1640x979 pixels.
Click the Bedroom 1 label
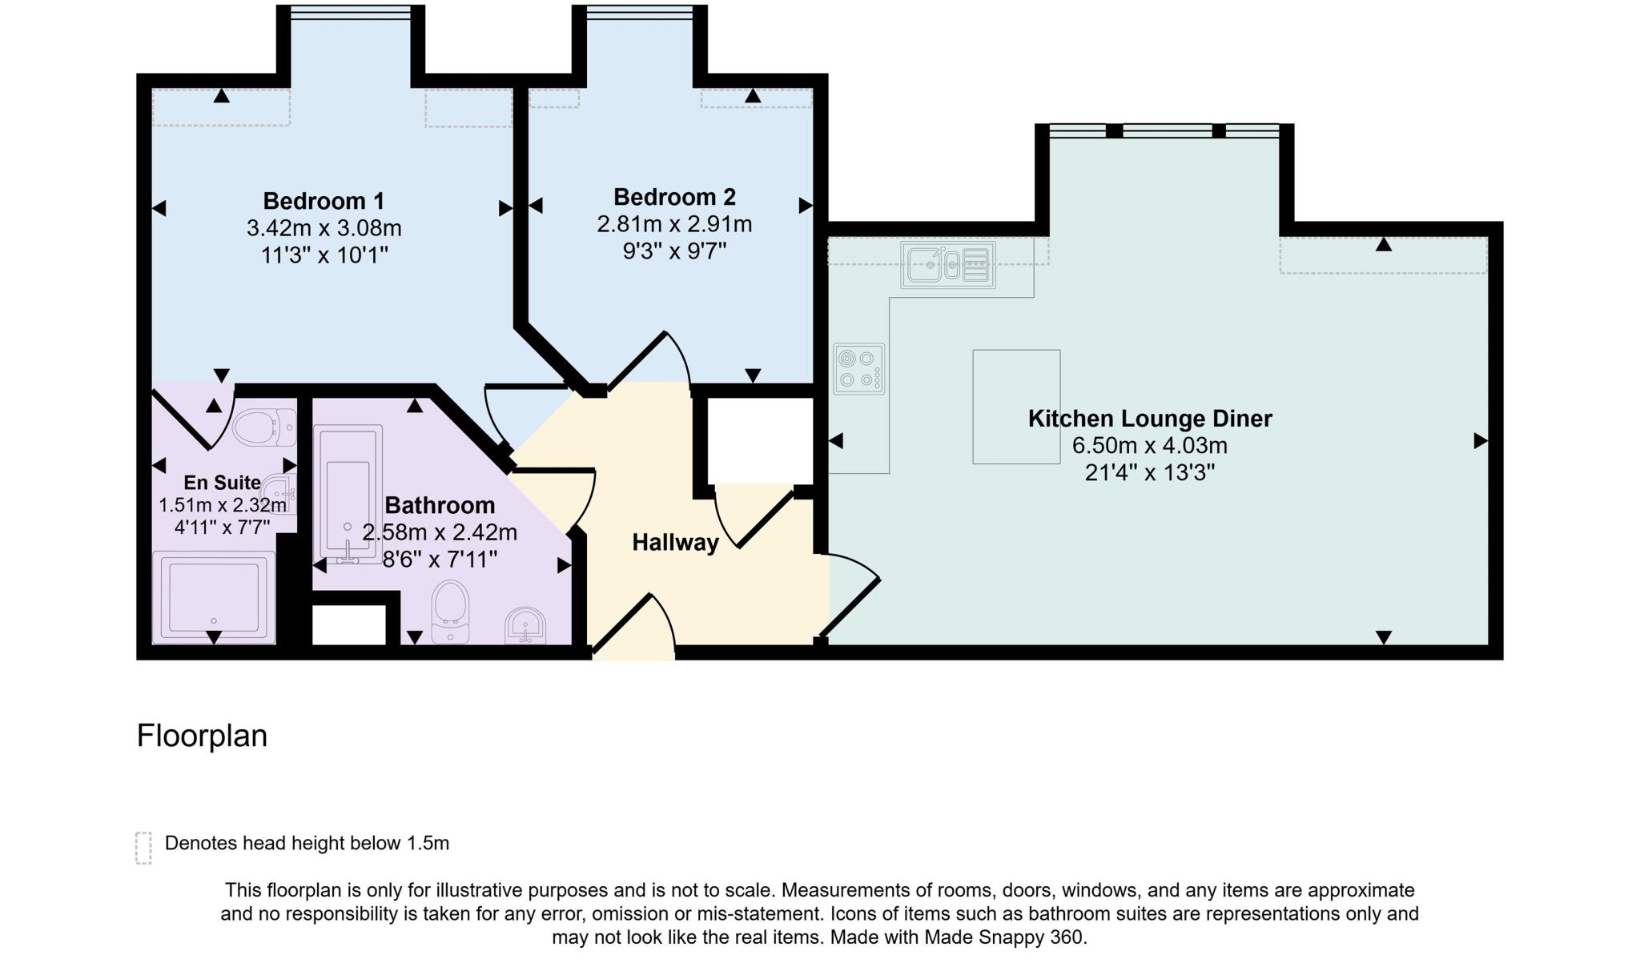click(324, 200)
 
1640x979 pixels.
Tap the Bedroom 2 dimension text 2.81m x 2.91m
click(674, 224)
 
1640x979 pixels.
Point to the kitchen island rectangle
click(1016, 407)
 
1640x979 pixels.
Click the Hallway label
click(675, 543)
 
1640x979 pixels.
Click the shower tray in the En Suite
click(214, 596)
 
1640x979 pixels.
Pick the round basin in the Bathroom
click(526, 626)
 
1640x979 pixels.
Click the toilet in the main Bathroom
click(450, 611)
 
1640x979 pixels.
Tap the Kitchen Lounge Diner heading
click(1149, 419)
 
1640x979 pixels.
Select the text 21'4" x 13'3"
click(1149, 473)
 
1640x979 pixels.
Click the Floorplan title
click(202, 736)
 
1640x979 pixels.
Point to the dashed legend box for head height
click(143, 848)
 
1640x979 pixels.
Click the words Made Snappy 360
click(1004, 937)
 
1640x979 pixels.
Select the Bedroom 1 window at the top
click(351, 11)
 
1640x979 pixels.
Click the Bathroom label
click(440, 505)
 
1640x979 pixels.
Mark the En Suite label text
click(222, 483)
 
